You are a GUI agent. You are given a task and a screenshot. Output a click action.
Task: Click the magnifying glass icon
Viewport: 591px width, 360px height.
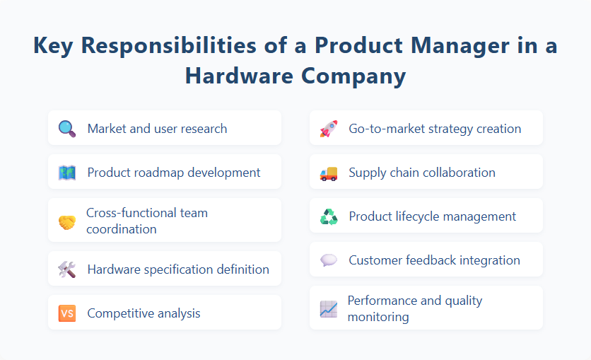pos(66,128)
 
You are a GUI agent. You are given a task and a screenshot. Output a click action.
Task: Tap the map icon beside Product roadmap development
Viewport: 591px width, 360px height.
pos(66,172)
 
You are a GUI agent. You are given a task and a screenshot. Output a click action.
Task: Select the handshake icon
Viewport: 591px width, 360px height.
pos(66,221)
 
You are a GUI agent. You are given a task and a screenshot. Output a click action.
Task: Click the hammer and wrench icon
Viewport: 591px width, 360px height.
pos(66,269)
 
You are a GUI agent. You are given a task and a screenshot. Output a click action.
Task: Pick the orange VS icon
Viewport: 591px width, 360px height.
pos(66,313)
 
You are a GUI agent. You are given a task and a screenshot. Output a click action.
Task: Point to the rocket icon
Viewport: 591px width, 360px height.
pos(328,128)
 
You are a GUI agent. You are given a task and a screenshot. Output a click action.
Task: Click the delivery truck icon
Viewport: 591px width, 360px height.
pos(328,173)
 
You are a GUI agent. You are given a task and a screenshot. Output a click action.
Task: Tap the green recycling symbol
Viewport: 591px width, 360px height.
pos(328,216)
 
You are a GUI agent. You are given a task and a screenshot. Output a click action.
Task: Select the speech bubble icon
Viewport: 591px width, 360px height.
pos(328,260)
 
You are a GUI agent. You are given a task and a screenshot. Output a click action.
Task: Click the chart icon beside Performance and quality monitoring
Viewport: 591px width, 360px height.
pos(328,308)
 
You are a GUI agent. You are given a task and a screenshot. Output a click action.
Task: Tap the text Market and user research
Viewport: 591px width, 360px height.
pos(157,129)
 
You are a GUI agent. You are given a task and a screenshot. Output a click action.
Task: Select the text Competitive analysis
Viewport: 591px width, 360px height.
pos(144,313)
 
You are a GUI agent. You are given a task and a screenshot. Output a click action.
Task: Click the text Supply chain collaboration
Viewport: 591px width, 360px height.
pos(422,173)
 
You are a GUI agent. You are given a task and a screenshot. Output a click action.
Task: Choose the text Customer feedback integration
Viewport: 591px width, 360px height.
pos(434,260)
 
